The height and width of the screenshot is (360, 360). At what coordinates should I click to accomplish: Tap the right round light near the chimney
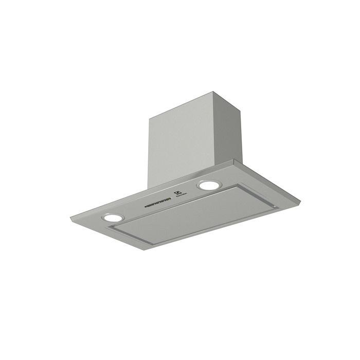coord(208,185)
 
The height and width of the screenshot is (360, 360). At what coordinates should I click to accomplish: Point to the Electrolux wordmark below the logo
coord(181,199)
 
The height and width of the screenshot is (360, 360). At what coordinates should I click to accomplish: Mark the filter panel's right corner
coord(278,207)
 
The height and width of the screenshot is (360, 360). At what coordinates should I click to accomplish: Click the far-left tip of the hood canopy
coord(71,219)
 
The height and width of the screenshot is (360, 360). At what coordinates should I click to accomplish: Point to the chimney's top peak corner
coord(213,93)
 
